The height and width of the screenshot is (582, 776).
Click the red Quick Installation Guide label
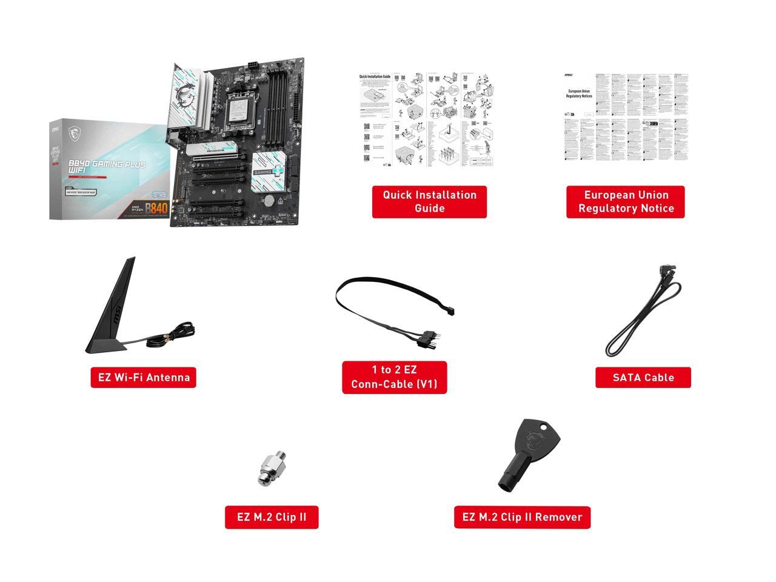(429, 202)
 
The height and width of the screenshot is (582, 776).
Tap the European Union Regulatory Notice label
(626, 202)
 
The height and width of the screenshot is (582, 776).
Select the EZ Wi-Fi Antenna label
(144, 377)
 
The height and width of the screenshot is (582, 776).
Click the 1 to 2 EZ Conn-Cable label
(394, 377)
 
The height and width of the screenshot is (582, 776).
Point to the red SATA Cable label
(643, 377)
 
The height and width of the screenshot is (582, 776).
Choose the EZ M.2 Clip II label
(272, 517)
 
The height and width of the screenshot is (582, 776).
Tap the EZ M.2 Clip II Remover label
(522, 517)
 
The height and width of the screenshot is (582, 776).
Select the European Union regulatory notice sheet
(626, 118)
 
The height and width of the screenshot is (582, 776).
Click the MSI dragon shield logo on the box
(74, 130)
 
